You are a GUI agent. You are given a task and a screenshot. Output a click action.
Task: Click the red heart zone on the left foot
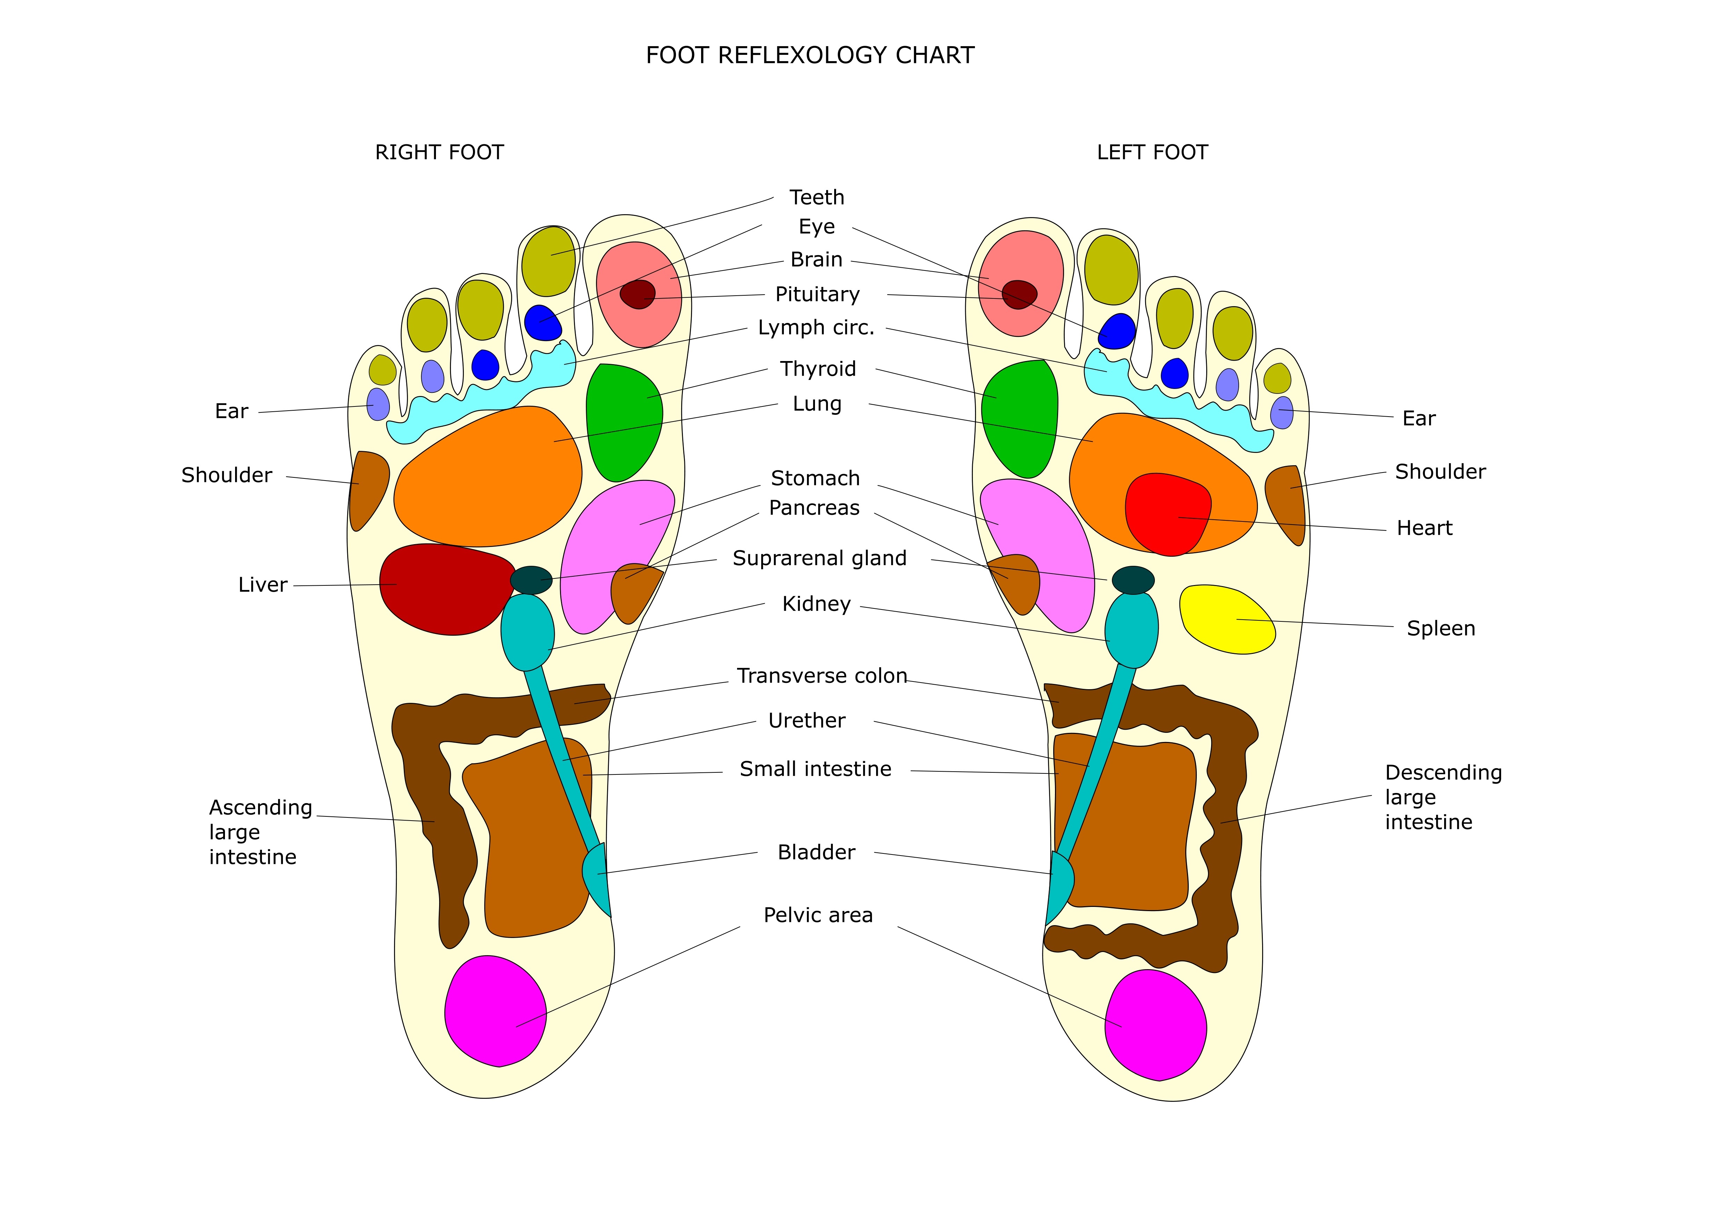pos(1166,513)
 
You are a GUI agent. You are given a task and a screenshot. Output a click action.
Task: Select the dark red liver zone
pos(442,589)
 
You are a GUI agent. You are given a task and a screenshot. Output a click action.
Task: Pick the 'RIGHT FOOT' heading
pos(439,152)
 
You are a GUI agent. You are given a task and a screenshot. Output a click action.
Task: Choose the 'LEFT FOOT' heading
pos(1152,152)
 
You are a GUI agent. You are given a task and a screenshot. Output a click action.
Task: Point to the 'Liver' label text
pos(263,585)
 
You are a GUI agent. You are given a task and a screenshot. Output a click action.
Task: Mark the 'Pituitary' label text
pos(817,294)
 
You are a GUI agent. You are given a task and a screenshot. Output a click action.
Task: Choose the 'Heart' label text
pos(1424,528)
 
